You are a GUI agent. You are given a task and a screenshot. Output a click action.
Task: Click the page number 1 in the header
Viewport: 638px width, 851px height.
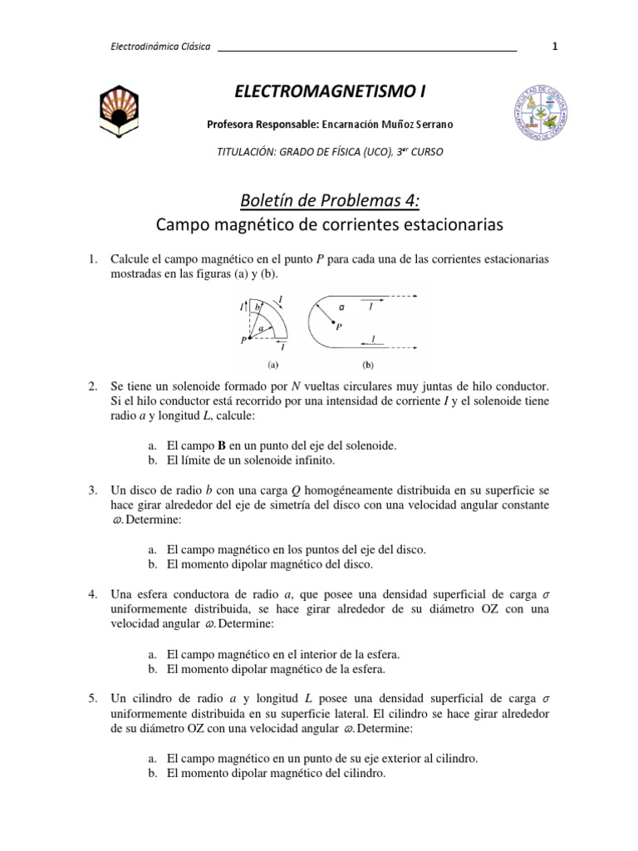[x=554, y=47]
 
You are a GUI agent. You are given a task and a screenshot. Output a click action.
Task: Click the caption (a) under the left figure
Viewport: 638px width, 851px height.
[x=272, y=364]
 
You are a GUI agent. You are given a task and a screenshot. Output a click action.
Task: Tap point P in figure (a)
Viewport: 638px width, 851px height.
[x=247, y=339]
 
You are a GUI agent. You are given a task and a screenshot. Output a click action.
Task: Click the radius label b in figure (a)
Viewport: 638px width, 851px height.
[x=258, y=308]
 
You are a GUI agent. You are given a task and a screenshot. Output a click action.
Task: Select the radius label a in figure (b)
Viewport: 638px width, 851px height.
[x=340, y=307]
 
